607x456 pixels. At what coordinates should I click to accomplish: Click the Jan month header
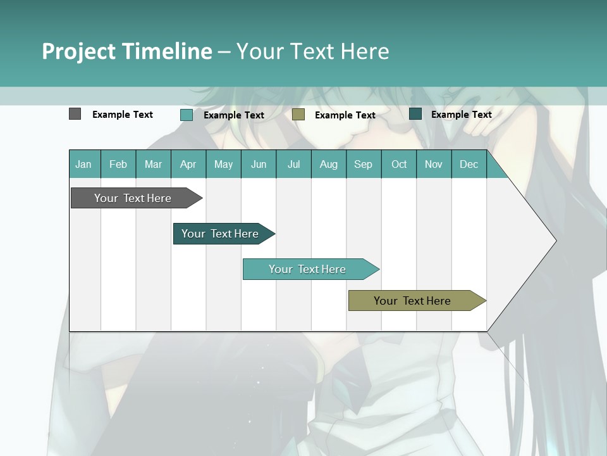click(83, 164)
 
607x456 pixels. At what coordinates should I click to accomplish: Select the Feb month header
click(118, 164)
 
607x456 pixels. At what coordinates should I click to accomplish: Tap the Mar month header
click(153, 164)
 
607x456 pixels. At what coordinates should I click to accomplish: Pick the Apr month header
click(188, 164)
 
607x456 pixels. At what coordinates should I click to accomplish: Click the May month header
click(223, 164)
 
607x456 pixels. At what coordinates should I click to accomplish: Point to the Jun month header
click(259, 164)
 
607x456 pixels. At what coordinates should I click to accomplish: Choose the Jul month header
click(293, 164)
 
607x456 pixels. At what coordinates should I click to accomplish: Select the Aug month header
click(328, 164)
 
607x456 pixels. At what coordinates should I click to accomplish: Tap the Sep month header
click(363, 164)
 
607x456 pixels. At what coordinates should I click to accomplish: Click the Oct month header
click(399, 164)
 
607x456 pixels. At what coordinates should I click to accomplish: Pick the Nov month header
click(433, 164)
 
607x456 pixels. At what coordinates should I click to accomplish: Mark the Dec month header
click(469, 164)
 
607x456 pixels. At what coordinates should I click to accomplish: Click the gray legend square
click(75, 114)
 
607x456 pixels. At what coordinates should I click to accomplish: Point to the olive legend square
click(298, 114)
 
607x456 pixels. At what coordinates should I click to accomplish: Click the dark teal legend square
click(415, 114)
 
